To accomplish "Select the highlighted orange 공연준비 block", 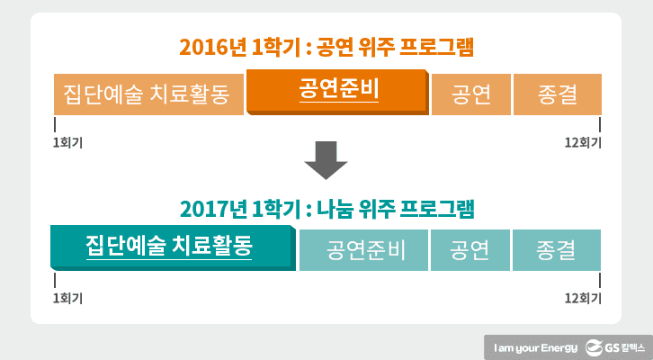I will (337, 93).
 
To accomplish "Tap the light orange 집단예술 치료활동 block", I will (148, 94).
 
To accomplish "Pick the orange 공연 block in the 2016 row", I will (471, 94).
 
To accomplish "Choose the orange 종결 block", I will (556, 94).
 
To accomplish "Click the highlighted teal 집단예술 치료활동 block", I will (171, 247).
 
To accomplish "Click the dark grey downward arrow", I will (326, 165).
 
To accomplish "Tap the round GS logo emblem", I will (595, 346).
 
